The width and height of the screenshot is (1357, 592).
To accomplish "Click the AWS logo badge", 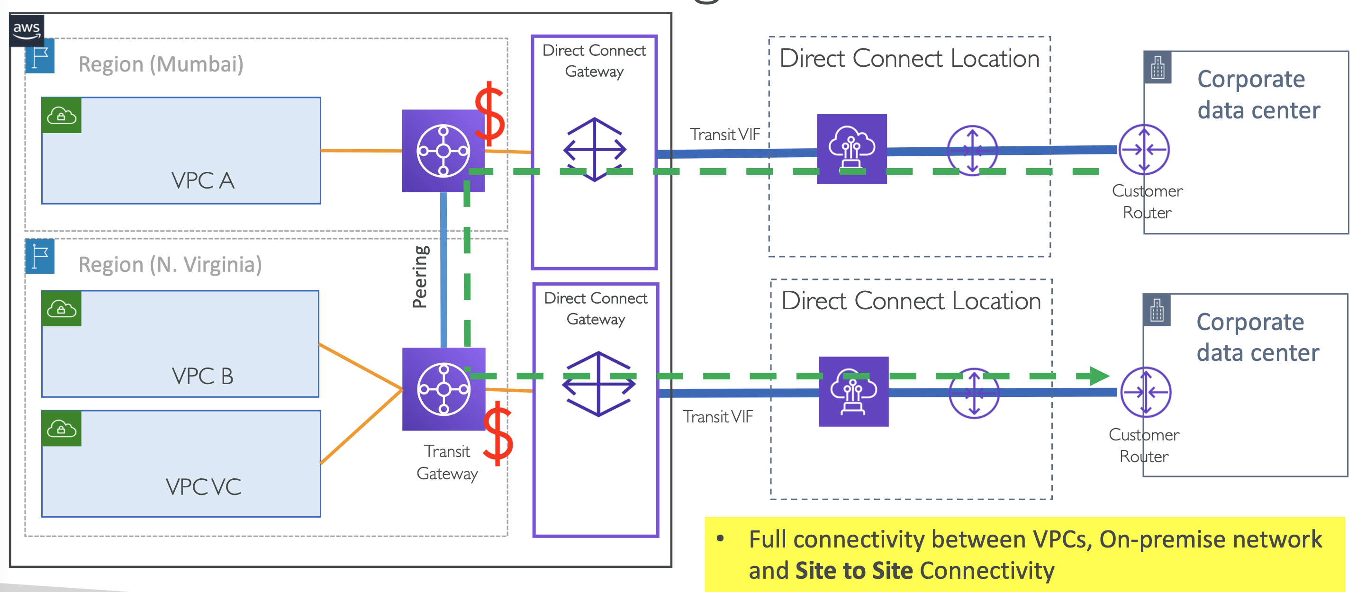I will click(27, 29).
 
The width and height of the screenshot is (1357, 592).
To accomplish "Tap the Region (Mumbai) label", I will click(161, 64).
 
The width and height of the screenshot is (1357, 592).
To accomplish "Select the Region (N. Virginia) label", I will click(170, 264).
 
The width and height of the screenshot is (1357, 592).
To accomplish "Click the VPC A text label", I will click(203, 180).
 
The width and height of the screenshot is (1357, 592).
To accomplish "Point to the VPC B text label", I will click(202, 376).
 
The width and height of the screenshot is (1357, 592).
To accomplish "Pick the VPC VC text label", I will click(203, 487).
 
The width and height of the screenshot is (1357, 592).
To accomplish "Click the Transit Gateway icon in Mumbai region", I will click(443, 151).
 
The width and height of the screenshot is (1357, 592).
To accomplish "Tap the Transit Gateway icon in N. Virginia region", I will click(443, 389).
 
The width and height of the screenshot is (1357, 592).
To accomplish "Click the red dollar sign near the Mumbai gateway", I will click(489, 114).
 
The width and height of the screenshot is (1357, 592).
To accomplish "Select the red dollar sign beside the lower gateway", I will click(498, 433).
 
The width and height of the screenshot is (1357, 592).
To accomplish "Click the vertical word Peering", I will click(420, 277).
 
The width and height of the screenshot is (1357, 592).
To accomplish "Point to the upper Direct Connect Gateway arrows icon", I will click(595, 150).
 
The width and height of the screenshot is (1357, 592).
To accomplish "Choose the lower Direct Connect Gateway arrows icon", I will click(598, 384).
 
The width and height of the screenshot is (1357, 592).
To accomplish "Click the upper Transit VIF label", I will click(725, 135).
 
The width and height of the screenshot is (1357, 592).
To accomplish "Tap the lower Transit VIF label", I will click(718, 417).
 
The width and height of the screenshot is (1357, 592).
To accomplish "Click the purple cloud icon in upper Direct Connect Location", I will click(852, 149).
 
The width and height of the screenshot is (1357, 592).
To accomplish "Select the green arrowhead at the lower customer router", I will click(1099, 376).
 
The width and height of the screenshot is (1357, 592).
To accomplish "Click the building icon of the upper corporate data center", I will click(1158, 67).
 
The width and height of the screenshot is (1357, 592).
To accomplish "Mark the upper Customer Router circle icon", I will click(1144, 150).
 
